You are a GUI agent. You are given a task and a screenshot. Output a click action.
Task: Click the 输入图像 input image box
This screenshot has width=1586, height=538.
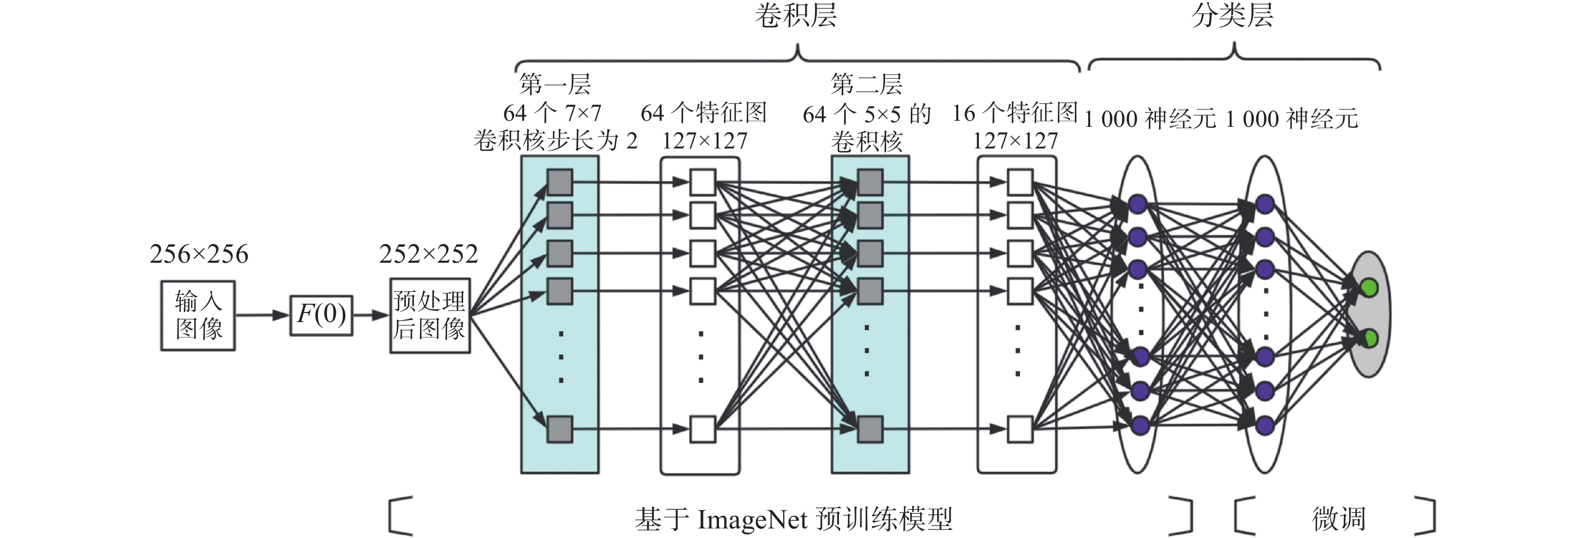(198, 315)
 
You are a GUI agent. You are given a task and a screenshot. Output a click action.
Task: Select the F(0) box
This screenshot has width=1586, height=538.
(321, 315)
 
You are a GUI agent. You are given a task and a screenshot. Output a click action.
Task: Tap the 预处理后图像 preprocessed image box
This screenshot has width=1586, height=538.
(430, 315)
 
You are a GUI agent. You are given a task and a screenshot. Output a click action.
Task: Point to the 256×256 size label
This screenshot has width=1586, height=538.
(198, 254)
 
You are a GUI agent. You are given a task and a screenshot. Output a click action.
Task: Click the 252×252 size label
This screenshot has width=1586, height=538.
(428, 254)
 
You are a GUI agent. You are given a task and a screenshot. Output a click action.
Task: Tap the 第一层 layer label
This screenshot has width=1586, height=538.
(555, 84)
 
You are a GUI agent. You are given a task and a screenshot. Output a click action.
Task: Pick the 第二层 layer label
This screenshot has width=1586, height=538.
(867, 84)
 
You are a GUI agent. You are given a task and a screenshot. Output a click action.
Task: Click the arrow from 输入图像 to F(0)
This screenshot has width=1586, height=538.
(262, 315)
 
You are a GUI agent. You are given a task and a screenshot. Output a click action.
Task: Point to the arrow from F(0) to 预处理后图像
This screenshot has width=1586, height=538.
(371, 315)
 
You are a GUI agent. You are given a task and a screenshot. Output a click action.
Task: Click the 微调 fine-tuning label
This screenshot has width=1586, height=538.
(1338, 518)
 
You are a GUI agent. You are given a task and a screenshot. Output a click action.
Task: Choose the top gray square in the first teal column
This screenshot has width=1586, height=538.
(560, 182)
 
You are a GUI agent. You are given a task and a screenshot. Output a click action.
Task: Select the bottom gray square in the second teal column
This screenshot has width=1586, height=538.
(870, 429)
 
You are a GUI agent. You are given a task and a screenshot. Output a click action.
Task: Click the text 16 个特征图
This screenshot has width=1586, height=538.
(1015, 113)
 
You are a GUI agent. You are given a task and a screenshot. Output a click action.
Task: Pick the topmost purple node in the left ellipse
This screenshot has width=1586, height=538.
(1138, 204)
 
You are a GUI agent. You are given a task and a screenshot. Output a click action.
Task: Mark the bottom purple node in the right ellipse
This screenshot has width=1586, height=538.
(1265, 425)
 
